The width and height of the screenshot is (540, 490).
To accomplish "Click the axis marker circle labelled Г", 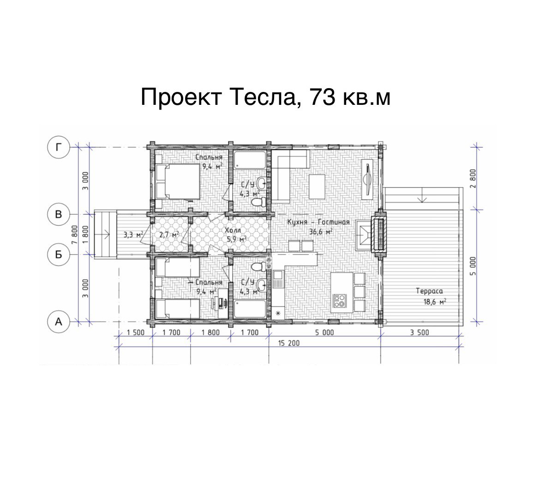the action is (x=59, y=147).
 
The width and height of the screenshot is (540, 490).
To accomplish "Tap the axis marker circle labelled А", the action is (x=59, y=322).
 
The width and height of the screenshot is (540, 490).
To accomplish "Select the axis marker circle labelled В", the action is (x=59, y=214).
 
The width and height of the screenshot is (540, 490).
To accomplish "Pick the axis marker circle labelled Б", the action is (x=59, y=254).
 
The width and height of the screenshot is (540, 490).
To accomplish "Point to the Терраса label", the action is (x=429, y=291).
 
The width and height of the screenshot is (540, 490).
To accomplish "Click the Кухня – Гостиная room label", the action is (x=318, y=222).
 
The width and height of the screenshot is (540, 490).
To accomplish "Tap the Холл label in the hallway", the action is (x=233, y=230).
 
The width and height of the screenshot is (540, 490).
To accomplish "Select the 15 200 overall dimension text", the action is (x=288, y=343).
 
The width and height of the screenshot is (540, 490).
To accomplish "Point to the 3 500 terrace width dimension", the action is (x=420, y=333).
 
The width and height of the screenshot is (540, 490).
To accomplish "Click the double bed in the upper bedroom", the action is (x=178, y=181).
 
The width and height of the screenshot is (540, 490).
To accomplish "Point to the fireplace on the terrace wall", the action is (x=379, y=234).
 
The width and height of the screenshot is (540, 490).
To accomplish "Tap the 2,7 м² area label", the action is (x=169, y=235).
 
